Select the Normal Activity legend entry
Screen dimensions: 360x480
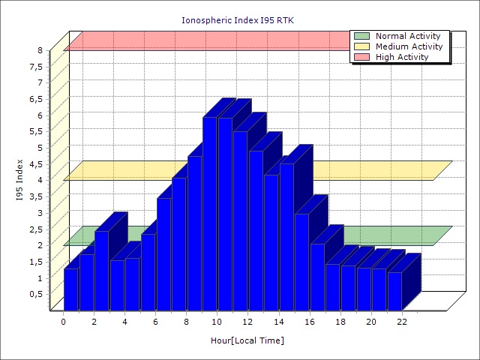point(408,36)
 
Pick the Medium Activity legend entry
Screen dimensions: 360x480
point(409,46)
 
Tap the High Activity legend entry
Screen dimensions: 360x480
point(402,57)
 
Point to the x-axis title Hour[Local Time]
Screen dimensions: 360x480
point(247,340)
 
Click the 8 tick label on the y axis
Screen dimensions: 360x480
point(40,50)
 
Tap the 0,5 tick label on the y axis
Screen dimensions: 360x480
point(36,294)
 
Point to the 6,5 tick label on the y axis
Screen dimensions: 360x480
point(36,99)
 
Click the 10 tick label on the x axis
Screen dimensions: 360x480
point(217,322)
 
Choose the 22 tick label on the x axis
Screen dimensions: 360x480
point(402,322)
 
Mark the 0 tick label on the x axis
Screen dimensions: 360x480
point(64,322)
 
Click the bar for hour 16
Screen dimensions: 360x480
point(317,277)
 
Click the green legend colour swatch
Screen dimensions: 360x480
point(361,36)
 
